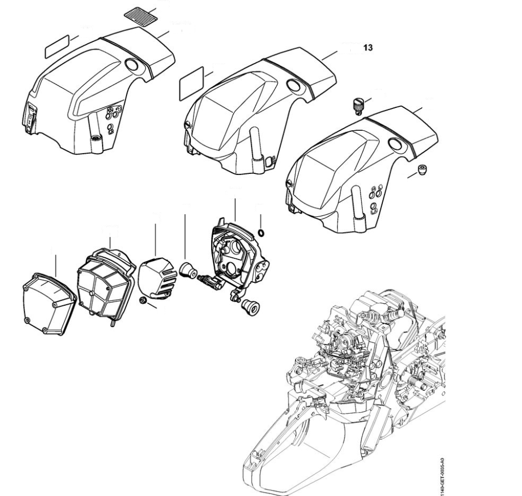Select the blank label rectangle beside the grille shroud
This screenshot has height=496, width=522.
click(56, 46)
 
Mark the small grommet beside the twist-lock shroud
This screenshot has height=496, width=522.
click(421, 171)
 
